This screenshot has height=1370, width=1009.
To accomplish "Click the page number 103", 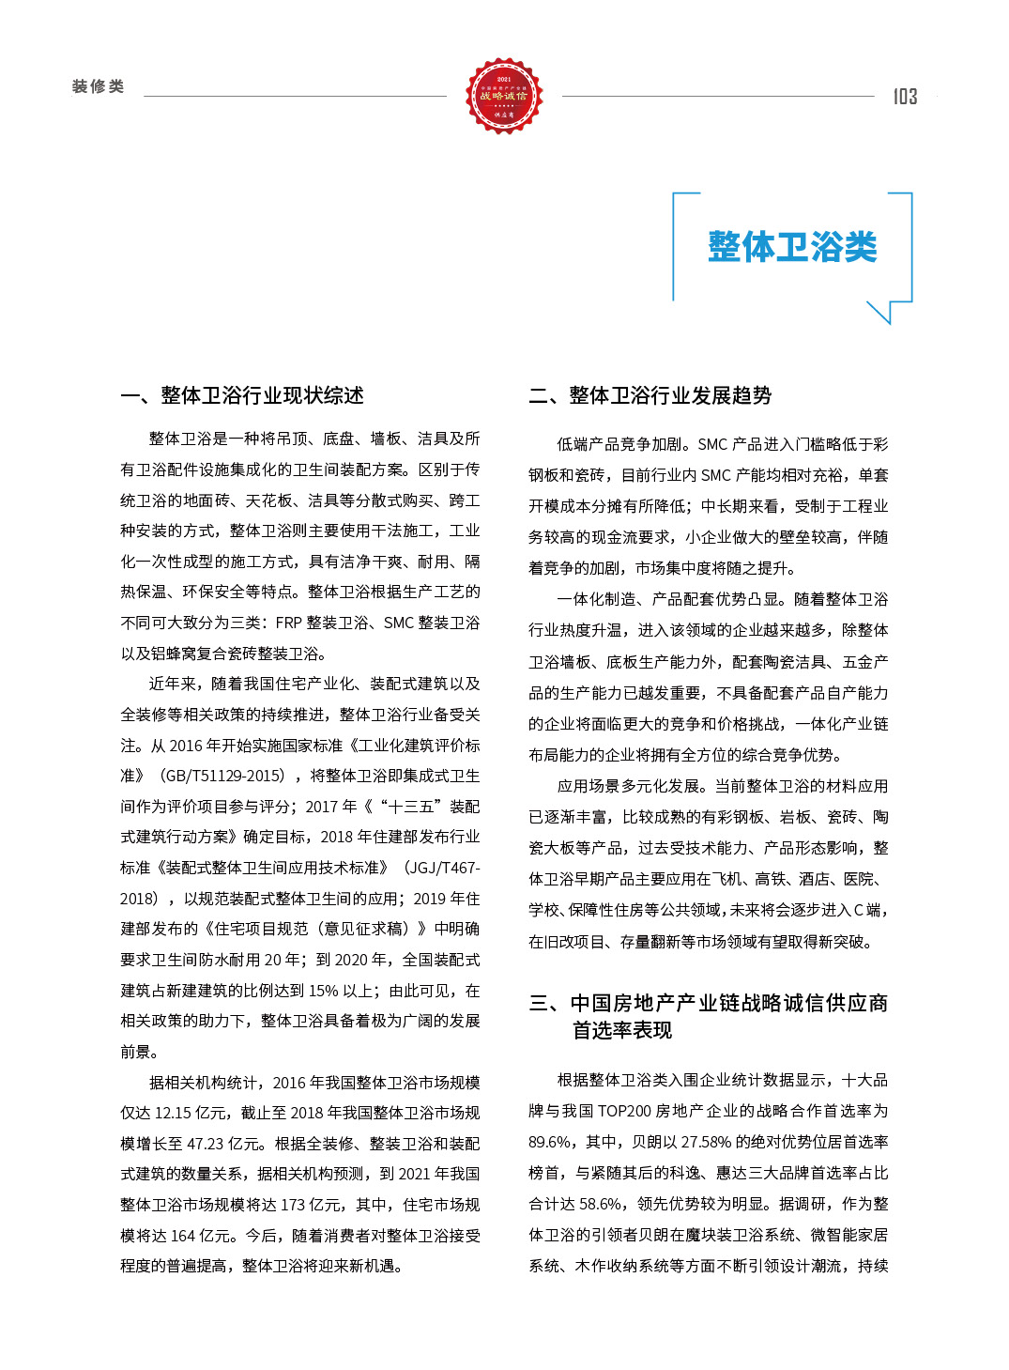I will click(x=905, y=97).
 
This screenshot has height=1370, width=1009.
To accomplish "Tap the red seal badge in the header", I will click(x=504, y=95).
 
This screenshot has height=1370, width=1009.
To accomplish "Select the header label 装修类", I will click(x=99, y=86).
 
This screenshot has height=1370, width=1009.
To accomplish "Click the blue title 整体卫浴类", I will click(x=792, y=247).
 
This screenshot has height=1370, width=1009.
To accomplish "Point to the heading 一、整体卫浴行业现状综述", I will click(x=242, y=395).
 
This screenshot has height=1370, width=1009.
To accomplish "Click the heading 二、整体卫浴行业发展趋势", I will click(x=650, y=395).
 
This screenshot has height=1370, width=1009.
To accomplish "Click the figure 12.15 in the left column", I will click(x=173, y=1113).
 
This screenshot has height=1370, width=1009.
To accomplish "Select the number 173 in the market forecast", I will click(x=293, y=1205).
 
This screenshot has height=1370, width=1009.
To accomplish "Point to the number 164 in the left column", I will click(x=183, y=1236).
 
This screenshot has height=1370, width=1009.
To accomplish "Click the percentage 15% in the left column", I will click(x=323, y=991).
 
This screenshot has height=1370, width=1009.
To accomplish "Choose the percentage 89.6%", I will click(x=549, y=1143).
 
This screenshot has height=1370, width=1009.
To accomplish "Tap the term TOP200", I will click(x=624, y=1112).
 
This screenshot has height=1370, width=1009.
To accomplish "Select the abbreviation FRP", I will click(x=288, y=623).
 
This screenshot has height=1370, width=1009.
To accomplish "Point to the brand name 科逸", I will click(x=686, y=1174).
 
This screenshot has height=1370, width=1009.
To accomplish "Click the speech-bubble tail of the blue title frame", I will click(x=881, y=312).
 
